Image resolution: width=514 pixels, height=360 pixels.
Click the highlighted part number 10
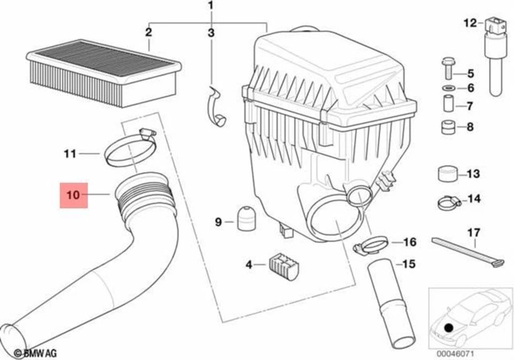pyautogui.click(x=73, y=194)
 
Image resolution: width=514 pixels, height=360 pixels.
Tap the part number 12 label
pyautogui.click(x=470, y=23)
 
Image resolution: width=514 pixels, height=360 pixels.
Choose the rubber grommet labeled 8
pyautogui.click(x=448, y=127)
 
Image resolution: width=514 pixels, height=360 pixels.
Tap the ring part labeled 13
pyautogui.click(x=447, y=174)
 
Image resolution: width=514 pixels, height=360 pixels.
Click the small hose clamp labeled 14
pyautogui.click(x=448, y=202)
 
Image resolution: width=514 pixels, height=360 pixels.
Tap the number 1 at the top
pyautogui.click(x=211, y=6)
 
